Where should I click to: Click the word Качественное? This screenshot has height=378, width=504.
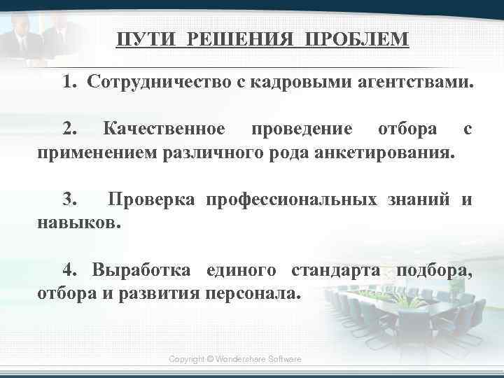(164, 129)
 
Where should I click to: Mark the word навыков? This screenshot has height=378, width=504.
(78, 223)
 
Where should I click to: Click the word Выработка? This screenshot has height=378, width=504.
(144, 269)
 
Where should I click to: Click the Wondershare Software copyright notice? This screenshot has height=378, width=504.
(235, 358)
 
